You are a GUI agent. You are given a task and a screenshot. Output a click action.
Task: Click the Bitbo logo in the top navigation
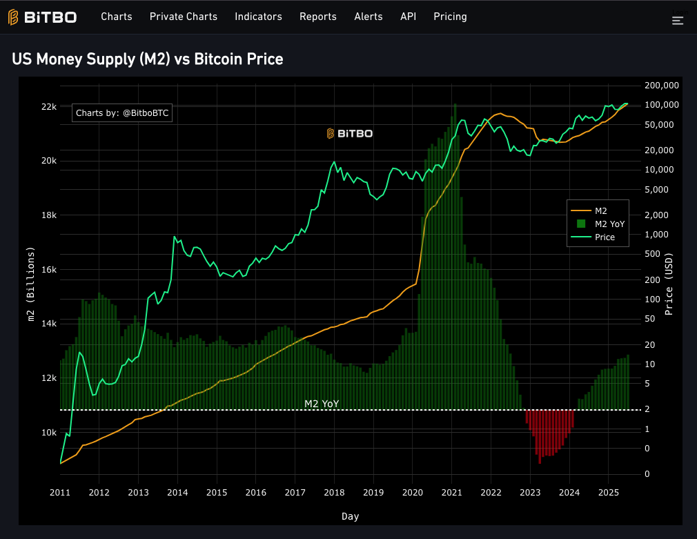(x=42, y=17)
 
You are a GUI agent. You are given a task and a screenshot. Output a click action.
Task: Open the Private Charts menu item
(x=183, y=17)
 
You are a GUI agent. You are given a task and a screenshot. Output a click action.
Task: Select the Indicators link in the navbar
(x=258, y=17)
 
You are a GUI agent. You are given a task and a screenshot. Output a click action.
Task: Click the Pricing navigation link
(x=450, y=17)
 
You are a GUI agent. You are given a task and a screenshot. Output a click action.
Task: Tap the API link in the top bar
(x=408, y=17)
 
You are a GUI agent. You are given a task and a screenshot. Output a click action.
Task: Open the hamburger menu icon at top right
(x=678, y=21)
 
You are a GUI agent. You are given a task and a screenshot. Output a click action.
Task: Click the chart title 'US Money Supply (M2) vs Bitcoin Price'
(x=148, y=59)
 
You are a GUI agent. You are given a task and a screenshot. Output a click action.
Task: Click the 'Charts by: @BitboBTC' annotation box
(x=121, y=112)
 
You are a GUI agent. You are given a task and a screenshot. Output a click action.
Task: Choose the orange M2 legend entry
(x=598, y=210)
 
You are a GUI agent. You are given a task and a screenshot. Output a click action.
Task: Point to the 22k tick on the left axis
(x=48, y=107)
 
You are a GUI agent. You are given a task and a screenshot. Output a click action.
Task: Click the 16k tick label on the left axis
(x=48, y=270)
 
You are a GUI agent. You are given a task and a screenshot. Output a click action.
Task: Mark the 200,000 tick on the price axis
(x=661, y=85)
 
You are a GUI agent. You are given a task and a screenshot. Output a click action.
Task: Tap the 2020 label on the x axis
(x=412, y=493)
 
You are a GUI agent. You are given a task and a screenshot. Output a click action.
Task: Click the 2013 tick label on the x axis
(x=138, y=493)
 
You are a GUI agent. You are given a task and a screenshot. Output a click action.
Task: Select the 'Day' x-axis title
(x=350, y=516)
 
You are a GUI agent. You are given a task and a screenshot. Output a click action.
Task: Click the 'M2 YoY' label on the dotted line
(x=322, y=404)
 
